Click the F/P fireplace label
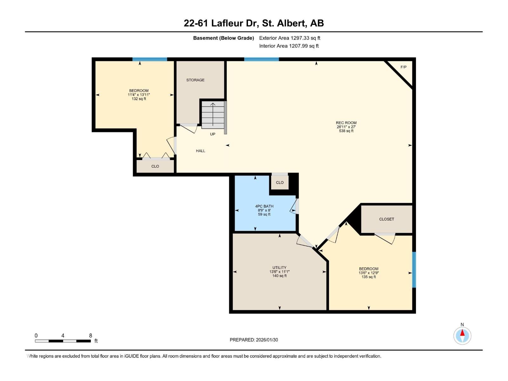[404, 67]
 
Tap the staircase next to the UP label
[213, 115]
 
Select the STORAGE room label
[195, 80]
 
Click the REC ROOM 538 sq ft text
[346, 131]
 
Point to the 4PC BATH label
[264, 206]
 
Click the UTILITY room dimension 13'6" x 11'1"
[279, 272]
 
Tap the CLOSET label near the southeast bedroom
[386, 219]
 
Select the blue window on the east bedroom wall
[414, 270]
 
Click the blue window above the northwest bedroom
[150, 59]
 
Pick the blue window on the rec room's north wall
[261, 59]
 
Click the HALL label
[200, 151]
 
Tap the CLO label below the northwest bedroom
[155, 166]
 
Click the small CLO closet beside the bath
[279, 183]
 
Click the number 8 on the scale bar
[90, 336]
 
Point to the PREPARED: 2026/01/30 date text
[254, 340]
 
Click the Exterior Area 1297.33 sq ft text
[290, 38]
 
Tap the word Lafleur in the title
[226, 23]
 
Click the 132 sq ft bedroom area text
[139, 99]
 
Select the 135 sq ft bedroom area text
[369, 277]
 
